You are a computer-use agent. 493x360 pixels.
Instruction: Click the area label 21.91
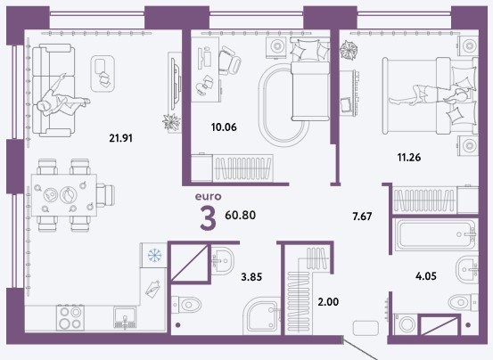click(x=120, y=138)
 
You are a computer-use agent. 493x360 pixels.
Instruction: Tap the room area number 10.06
click(x=224, y=127)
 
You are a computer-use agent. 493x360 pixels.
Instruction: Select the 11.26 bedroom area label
click(x=409, y=157)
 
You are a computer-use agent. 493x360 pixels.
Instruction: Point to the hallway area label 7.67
click(x=362, y=217)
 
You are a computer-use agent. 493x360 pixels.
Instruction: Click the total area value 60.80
click(x=240, y=215)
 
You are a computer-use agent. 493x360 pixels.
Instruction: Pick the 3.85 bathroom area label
click(x=251, y=277)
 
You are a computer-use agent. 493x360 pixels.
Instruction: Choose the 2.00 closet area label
click(x=328, y=302)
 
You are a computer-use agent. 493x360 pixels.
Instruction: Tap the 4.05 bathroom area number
click(x=426, y=276)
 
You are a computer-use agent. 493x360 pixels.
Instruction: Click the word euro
click(x=208, y=197)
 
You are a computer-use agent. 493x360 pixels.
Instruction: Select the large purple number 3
click(x=208, y=219)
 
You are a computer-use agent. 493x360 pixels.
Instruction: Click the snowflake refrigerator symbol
click(x=154, y=255)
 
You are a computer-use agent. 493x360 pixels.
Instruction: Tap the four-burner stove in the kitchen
click(x=70, y=317)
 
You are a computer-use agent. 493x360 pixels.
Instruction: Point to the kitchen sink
click(x=125, y=317)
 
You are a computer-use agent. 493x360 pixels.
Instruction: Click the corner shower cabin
click(x=262, y=315)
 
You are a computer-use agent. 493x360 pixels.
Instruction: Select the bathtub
click(x=435, y=234)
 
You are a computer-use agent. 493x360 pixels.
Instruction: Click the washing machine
click(x=407, y=323)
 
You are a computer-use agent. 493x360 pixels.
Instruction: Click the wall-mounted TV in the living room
click(x=175, y=84)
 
